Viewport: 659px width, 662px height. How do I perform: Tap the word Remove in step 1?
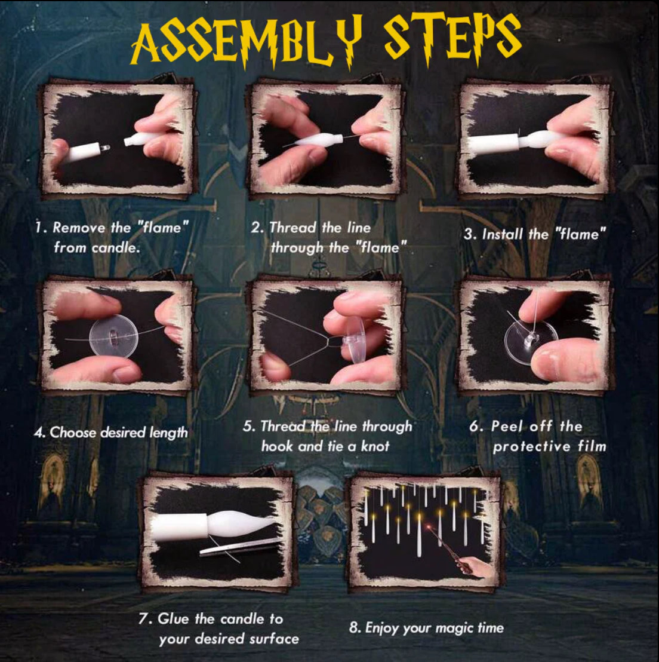click(x=79, y=228)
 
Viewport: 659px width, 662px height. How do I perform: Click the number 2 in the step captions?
click(x=255, y=228)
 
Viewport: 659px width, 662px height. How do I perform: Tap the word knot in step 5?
click(x=375, y=446)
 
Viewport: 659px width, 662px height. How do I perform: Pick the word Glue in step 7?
click(x=173, y=618)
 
